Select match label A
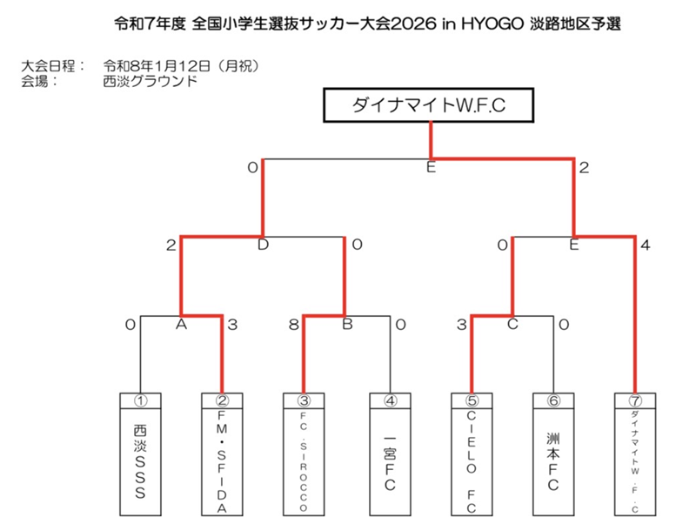click(x=182, y=325)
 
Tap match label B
click(x=345, y=325)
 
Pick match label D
click(x=263, y=246)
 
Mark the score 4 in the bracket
click(x=644, y=246)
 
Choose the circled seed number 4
click(x=389, y=402)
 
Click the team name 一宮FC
click(x=389, y=461)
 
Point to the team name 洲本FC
click(x=552, y=461)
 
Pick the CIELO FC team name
click(x=471, y=461)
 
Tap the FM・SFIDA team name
click(x=222, y=461)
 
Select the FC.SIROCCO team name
click(x=304, y=461)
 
